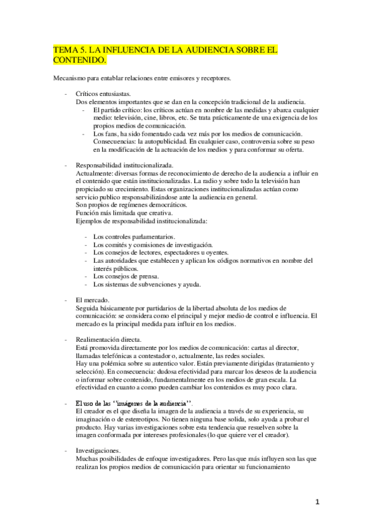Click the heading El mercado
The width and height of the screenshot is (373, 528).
(x=93, y=301)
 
